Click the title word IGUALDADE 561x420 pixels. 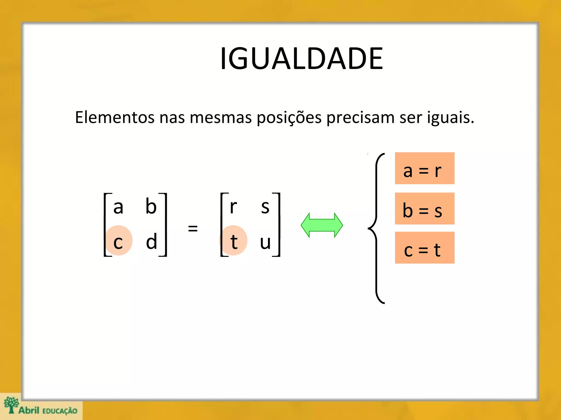tap(301, 59)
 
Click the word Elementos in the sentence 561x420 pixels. tap(115, 118)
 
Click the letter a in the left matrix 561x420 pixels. tap(118, 207)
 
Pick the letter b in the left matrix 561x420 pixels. tap(151, 206)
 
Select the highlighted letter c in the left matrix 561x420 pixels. tap(118, 242)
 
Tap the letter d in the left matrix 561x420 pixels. tap(151, 241)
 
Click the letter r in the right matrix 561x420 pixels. tap(233, 207)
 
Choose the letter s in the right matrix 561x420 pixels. tap(265, 207)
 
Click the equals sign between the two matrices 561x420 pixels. tap(193, 228)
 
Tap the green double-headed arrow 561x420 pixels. tap(322, 225)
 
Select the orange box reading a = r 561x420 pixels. tap(424, 168)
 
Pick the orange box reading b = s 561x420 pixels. tap(424, 209)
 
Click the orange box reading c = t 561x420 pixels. tap(424, 248)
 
